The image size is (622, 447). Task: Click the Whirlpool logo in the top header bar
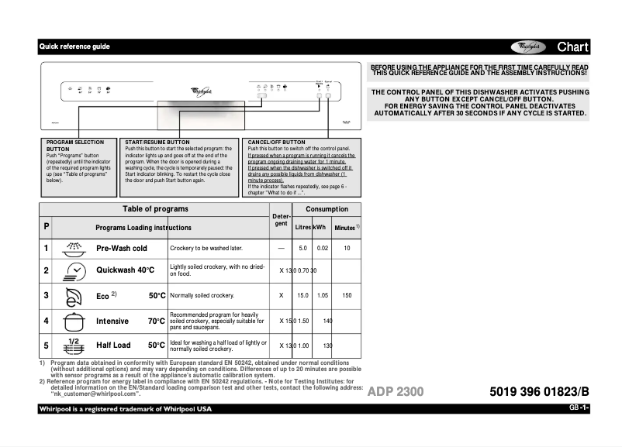click(x=528, y=47)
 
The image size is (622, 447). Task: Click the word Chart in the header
click(x=572, y=47)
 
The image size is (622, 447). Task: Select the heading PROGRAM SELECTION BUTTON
click(x=74, y=146)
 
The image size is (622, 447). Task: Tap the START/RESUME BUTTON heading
click(x=157, y=143)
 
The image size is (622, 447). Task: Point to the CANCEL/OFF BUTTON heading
click(x=276, y=143)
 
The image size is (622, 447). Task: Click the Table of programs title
click(x=155, y=209)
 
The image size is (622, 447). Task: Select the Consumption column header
click(x=327, y=209)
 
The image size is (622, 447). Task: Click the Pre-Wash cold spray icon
click(x=74, y=248)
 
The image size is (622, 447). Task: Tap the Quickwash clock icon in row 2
click(x=74, y=271)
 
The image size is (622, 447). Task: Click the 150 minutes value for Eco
click(x=347, y=296)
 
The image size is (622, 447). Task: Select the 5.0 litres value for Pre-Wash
click(x=303, y=248)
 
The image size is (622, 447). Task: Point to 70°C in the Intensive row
click(x=156, y=321)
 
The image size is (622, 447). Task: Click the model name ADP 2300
click(x=396, y=392)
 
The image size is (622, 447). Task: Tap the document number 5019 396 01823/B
click(x=540, y=392)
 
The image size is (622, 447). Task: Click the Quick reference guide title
click(x=74, y=46)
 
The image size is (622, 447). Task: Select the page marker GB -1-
click(x=579, y=408)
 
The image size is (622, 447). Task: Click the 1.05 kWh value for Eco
click(x=323, y=296)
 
